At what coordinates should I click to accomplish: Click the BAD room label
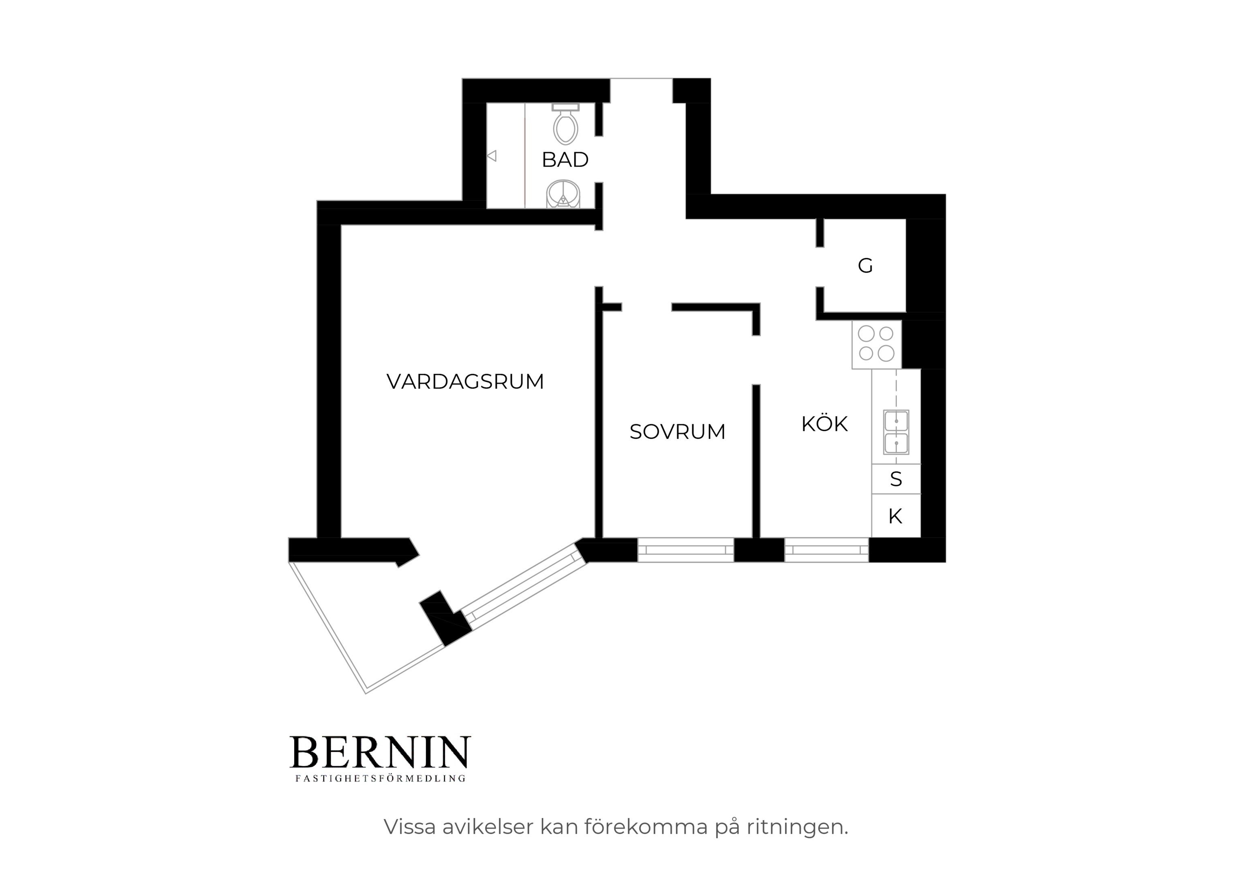[x=565, y=160]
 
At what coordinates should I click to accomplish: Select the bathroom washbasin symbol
[x=563, y=194]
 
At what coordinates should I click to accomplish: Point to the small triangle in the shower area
[x=492, y=156]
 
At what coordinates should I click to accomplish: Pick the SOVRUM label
[x=677, y=432]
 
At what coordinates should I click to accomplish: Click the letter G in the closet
[x=865, y=266]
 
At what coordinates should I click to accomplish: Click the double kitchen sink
[x=896, y=432]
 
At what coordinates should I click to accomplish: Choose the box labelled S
[x=896, y=479]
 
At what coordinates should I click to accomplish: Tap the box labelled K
[x=896, y=516]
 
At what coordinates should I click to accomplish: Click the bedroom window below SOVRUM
[x=685, y=550]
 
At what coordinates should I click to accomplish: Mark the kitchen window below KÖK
[x=826, y=550]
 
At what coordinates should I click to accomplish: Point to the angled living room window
[x=524, y=586]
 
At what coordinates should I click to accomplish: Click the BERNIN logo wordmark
[x=380, y=752]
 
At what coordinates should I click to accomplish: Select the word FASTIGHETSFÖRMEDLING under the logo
[x=380, y=779]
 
